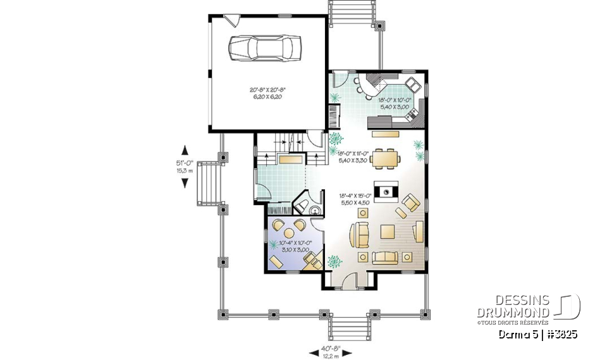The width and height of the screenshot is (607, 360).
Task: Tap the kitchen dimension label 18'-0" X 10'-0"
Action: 395,103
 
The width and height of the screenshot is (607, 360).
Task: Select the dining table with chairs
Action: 386,159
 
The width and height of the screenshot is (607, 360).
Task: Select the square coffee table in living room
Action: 388,232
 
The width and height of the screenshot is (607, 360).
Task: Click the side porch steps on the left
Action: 207,183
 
